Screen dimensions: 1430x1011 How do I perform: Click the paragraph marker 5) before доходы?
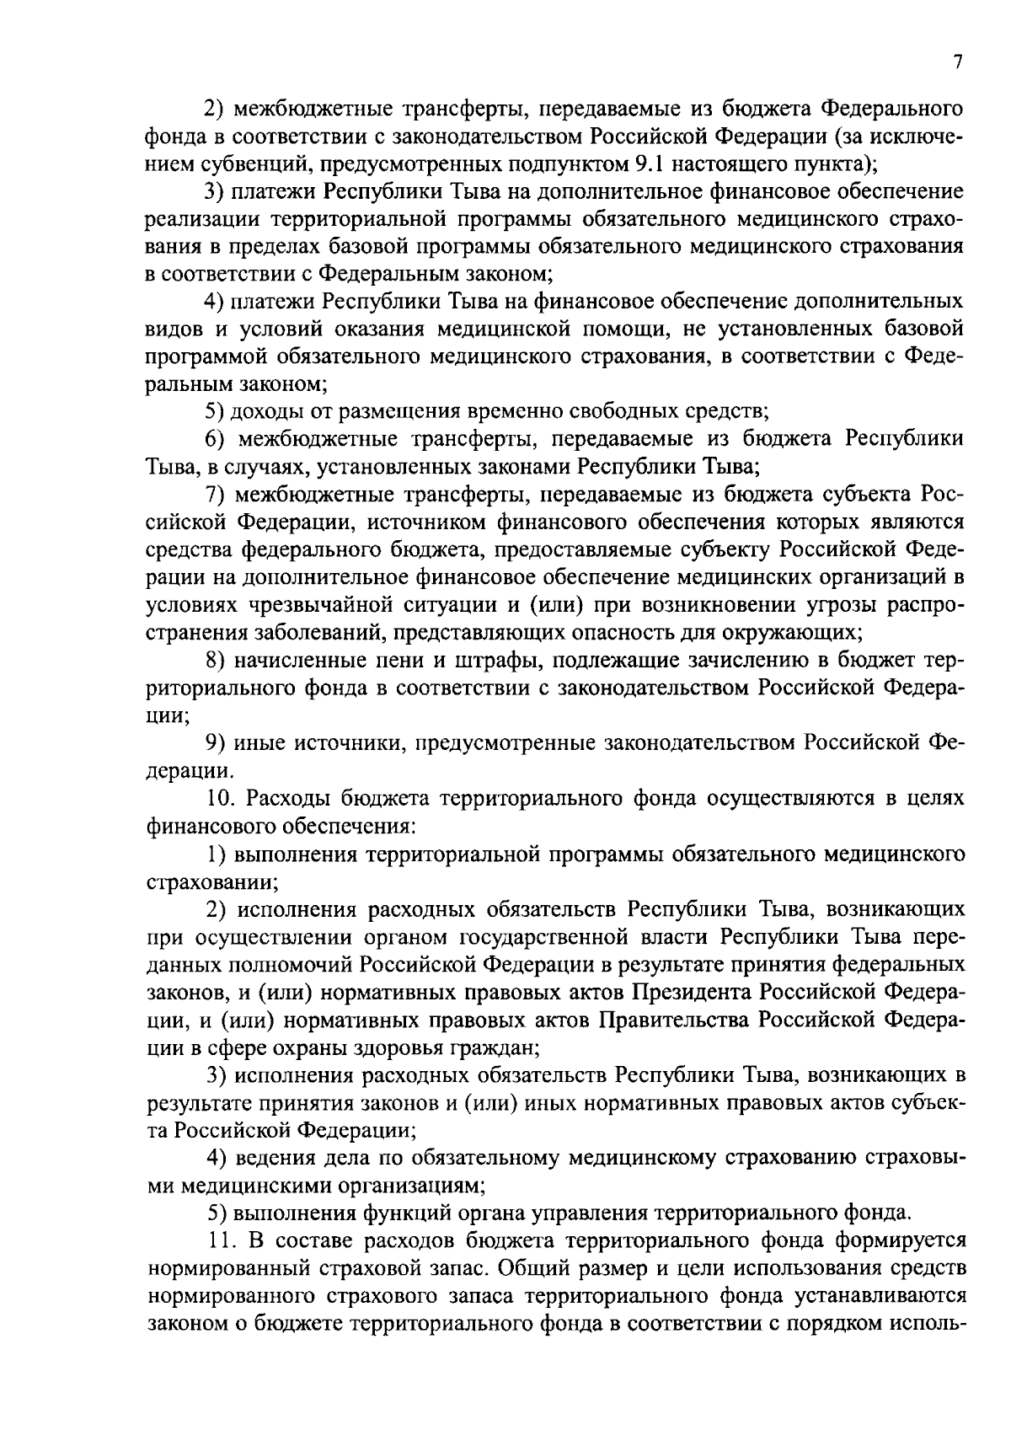(217, 411)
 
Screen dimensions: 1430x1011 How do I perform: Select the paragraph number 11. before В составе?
(222, 1240)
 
